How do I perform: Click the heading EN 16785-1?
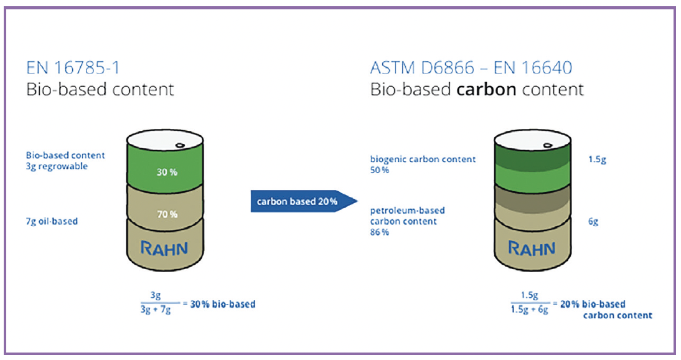71,67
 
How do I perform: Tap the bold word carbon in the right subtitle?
486,89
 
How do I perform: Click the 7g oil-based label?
52,221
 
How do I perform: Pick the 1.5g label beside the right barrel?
596,159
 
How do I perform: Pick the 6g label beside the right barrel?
593,222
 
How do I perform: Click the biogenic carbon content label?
423,159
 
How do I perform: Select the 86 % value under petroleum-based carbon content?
380,232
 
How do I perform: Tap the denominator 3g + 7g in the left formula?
156,310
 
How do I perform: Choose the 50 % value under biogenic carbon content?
380,170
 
